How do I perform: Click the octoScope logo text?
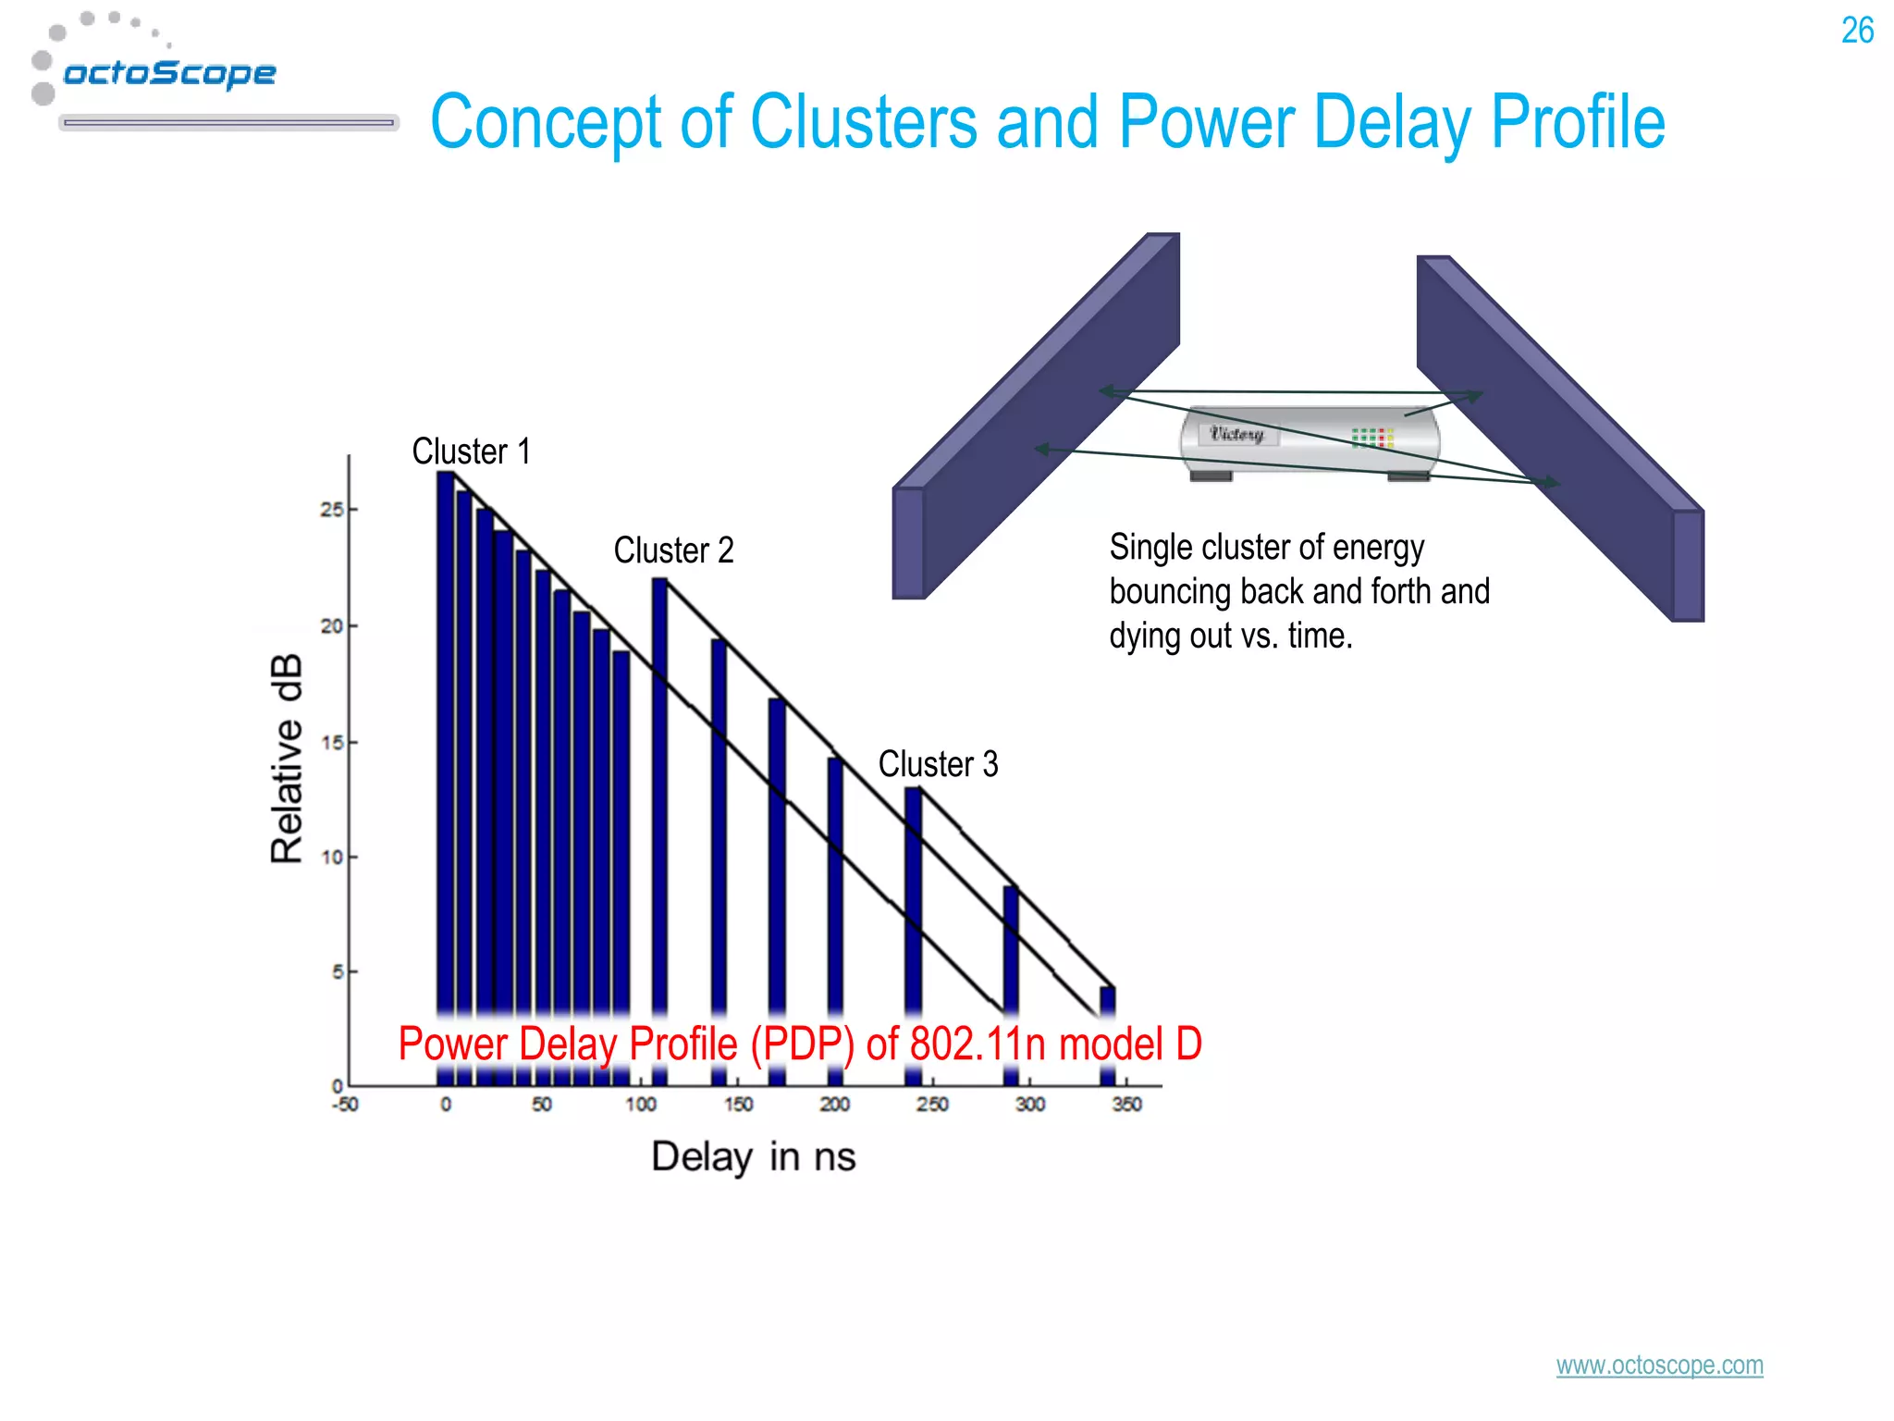pyautogui.click(x=169, y=73)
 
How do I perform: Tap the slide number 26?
pyautogui.click(x=1856, y=31)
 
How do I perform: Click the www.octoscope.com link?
pyautogui.click(x=1659, y=1365)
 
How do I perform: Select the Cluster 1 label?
pyautogui.click(x=471, y=451)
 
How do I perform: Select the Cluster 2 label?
pyautogui.click(x=673, y=550)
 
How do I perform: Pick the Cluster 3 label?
pyautogui.click(x=938, y=764)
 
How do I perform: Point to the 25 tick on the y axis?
pyautogui.click(x=331, y=510)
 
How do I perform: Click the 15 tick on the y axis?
pyautogui.click(x=331, y=742)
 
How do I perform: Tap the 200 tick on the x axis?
pyautogui.click(x=834, y=1105)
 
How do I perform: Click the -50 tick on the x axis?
pyautogui.click(x=345, y=1105)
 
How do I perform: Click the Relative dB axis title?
pyautogui.click(x=287, y=759)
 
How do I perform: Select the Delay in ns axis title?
pyautogui.click(x=753, y=1156)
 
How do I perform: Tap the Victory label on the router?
pyautogui.click(x=1236, y=434)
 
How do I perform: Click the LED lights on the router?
pyautogui.click(x=1372, y=438)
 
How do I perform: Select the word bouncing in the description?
pyautogui.click(x=1169, y=591)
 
